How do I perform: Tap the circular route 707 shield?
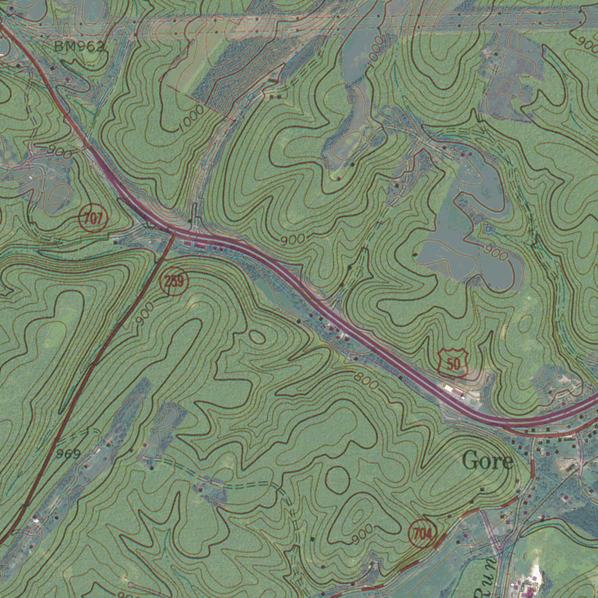point(93,219)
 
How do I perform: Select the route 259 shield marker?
point(174,282)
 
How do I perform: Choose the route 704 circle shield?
point(422,534)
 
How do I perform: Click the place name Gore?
point(487,461)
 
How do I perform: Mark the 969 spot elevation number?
point(68,453)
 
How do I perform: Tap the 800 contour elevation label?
point(366,380)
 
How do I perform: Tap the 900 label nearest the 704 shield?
point(363,533)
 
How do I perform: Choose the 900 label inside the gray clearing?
point(496,254)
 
